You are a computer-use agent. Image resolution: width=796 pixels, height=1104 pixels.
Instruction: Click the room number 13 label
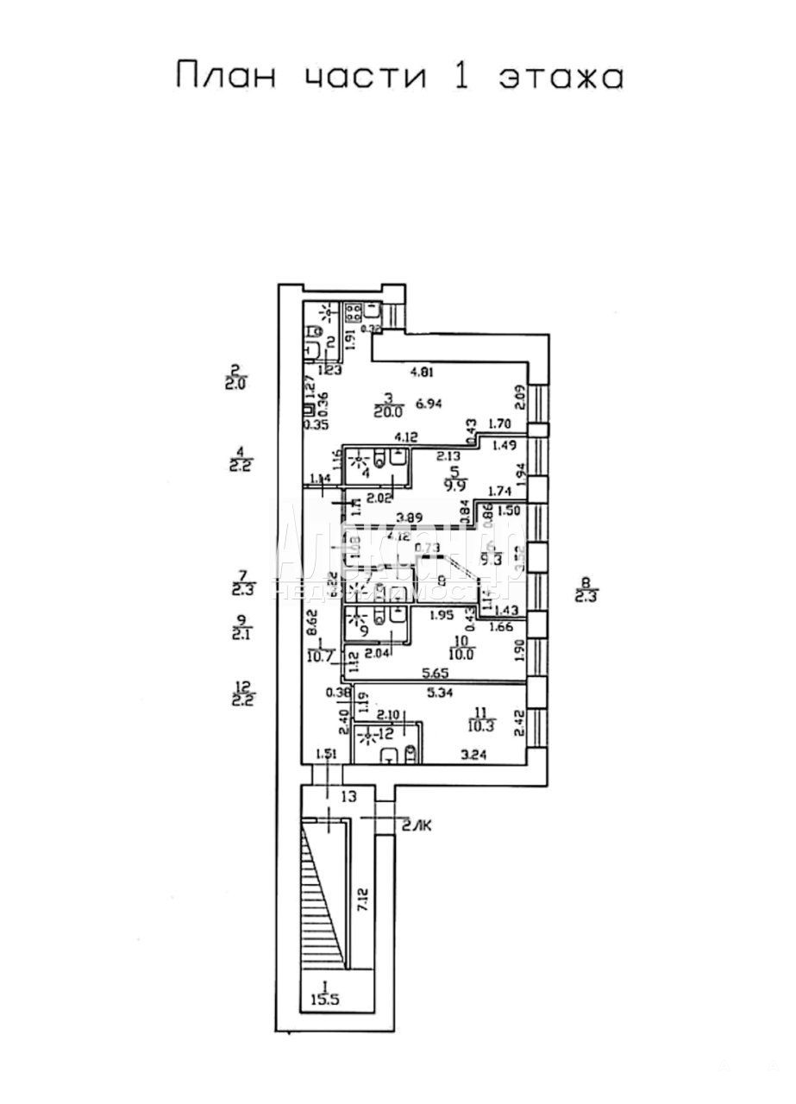348,796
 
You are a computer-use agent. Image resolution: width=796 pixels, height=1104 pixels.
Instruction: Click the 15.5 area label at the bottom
323,1001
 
